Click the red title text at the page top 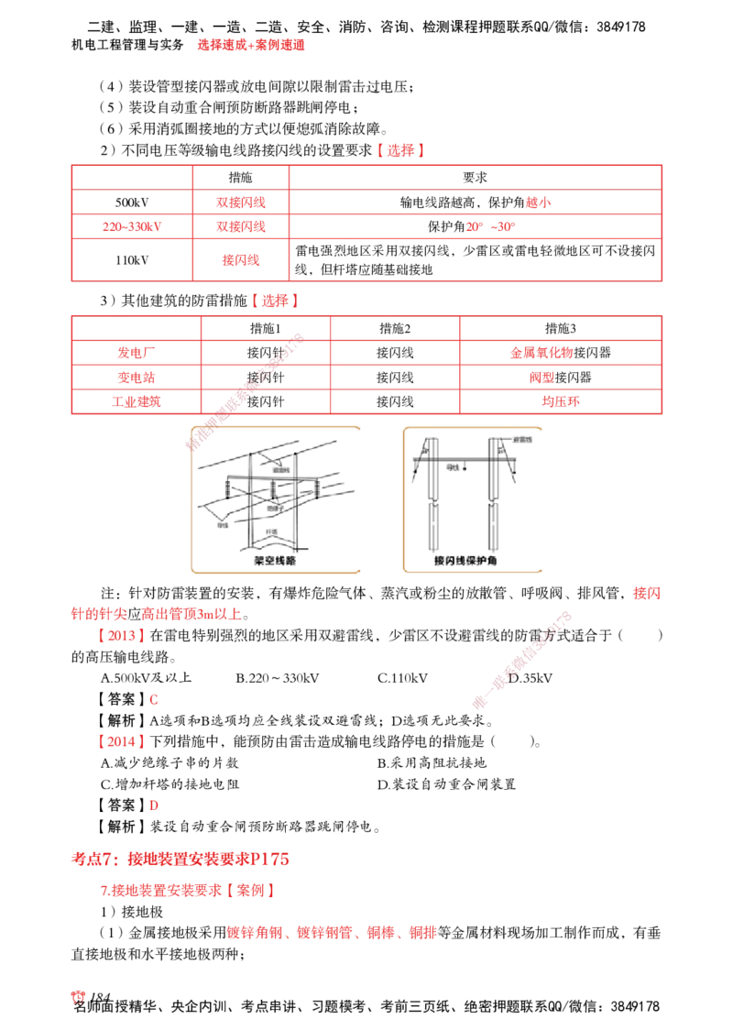(x=250, y=44)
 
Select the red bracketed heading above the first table (x=399, y=151)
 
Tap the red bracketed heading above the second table (x=274, y=300)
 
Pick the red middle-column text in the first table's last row (x=242, y=261)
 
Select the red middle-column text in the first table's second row (x=242, y=203)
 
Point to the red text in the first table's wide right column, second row (x=539, y=203)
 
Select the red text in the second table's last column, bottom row (x=560, y=401)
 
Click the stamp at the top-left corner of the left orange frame (x=202, y=439)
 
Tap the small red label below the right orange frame (x=647, y=594)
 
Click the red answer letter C (x=154, y=700)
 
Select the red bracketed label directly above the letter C (x=121, y=635)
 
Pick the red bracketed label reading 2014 (x=121, y=743)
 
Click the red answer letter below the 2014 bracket (x=154, y=806)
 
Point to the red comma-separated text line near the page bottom (x=332, y=935)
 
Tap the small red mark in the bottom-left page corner (x=79, y=998)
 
